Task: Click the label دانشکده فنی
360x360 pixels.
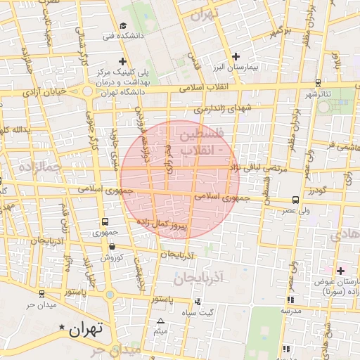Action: pyautogui.click(x=123, y=34)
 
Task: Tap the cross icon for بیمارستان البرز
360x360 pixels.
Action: pyautogui.click(x=236, y=56)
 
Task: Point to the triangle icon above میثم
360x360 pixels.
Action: pyautogui.click(x=160, y=321)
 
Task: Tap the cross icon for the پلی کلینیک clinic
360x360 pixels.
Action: pyautogui.click(x=124, y=61)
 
